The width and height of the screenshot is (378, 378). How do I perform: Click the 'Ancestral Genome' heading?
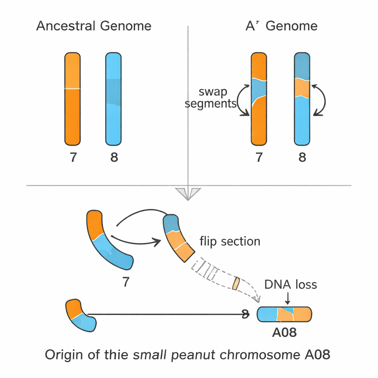[x=94, y=26]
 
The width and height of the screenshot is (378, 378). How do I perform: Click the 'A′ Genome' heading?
[x=281, y=26]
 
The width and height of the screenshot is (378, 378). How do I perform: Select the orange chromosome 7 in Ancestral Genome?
[x=72, y=99]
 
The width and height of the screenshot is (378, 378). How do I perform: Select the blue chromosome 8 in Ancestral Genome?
[x=113, y=99]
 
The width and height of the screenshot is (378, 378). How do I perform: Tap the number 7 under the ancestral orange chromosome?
[x=73, y=158]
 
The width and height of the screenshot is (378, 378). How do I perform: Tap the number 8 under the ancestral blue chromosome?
[x=114, y=158]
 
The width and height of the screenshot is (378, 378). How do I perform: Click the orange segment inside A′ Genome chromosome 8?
[x=302, y=88]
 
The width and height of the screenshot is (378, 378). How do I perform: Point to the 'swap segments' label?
[x=210, y=97]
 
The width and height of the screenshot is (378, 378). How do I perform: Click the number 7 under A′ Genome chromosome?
[x=259, y=158]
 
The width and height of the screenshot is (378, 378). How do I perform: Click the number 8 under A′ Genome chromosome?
[x=302, y=158]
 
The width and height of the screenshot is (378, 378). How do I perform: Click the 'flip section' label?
[x=230, y=241]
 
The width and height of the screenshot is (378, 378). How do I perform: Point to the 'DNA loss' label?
[x=291, y=285]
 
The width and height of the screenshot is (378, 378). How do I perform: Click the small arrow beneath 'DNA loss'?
[x=288, y=298]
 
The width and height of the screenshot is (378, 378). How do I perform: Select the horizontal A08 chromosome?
[x=284, y=314]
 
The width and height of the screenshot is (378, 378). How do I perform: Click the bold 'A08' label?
[x=284, y=333]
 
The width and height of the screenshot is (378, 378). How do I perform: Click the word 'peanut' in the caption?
[x=195, y=355]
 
